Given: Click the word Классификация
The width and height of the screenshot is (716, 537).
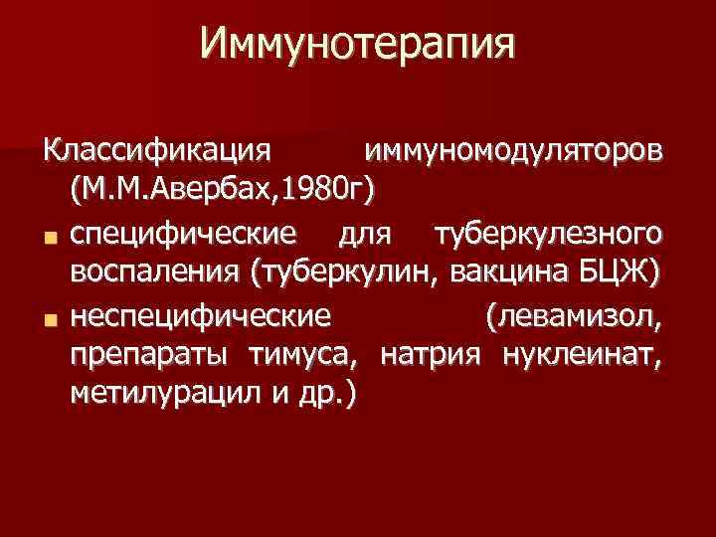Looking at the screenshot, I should [156, 152].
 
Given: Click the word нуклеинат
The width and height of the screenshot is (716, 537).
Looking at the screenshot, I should [580, 355].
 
